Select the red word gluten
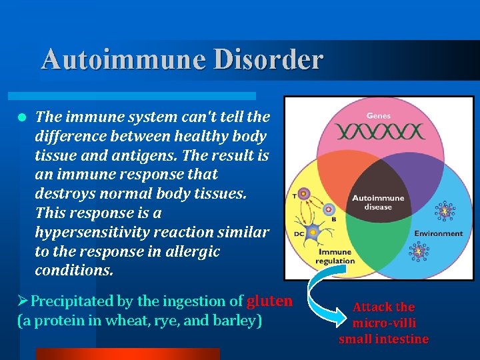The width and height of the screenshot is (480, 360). (269, 301)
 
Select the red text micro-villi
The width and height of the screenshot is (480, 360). (384, 323)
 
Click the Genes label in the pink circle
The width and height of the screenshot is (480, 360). (379, 116)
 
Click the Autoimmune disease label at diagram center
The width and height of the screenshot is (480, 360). (377, 201)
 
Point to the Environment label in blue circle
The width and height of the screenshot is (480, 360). (437, 233)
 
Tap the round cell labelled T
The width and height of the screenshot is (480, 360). (304, 195)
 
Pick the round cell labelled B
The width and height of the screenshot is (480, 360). (327, 209)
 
